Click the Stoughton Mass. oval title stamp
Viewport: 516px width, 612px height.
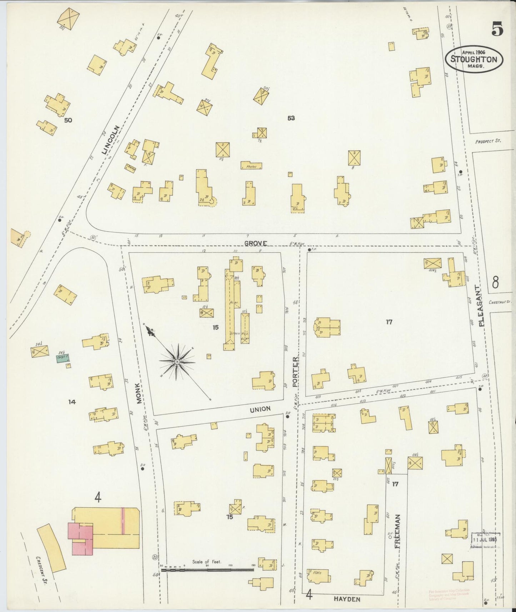pos(474,59)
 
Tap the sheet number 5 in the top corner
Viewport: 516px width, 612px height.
pos(497,29)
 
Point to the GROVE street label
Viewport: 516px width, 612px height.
pos(256,243)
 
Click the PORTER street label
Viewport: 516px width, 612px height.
pos(295,372)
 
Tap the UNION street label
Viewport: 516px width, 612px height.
pos(260,409)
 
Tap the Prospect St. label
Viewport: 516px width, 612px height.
pos(488,141)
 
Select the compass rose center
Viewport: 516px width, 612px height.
pos(177,362)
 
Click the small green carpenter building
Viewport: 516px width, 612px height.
pos(63,358)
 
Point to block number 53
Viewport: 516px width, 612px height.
pos(291,118)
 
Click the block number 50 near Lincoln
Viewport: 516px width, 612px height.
pos(68,120)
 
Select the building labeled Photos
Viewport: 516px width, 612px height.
pos(251,166)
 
